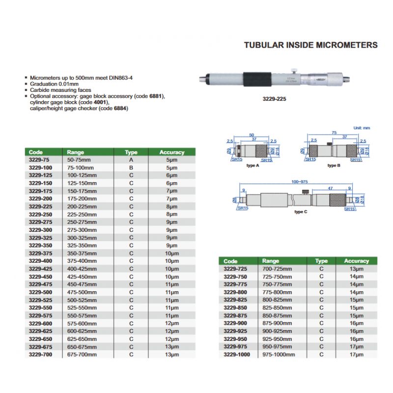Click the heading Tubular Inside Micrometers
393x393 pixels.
[311, 45]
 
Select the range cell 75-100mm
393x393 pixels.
[80, 168]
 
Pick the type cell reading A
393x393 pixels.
[131, 160]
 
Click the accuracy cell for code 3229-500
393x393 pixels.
[171, 292]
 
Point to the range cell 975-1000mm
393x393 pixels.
[279, 354]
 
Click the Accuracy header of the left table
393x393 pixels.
[171, 152]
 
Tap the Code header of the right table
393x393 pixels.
[230, 261]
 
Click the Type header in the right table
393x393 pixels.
[321, 261]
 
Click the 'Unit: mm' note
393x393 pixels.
[363, 128]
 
